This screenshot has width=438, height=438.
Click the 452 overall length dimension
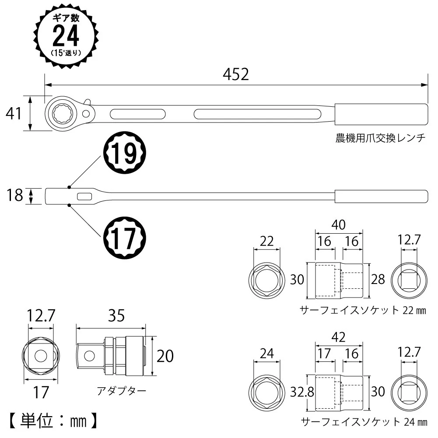click(x=236, y=74)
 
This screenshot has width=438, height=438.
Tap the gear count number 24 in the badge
click(x=66, y=36)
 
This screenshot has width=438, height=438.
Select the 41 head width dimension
click(x=13, y=113)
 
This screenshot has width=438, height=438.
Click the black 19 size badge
click(x=125, y=153)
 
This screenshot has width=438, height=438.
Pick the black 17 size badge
click(x=125, y=238)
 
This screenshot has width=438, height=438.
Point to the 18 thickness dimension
click(x=14, y=195)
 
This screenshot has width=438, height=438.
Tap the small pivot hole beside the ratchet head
click(x=86, y=114)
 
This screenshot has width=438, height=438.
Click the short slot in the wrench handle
click(x=138, y=114)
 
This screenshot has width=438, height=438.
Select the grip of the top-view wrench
click(x=381, y=114)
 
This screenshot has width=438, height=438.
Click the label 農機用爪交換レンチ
click(x=380, y=138)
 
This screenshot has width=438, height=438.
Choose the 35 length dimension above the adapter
click(x=116, y=315)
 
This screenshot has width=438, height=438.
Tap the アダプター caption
click(x=121, y=390)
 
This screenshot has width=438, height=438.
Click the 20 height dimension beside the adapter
click(x=165, y=356)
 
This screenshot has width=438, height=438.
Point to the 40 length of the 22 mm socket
click(x=339, y=224)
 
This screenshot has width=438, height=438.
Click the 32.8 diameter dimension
click(x=302, y=392)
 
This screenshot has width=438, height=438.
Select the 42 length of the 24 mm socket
click(x=339, y=337)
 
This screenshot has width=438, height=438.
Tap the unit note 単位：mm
click(x=53, y=421)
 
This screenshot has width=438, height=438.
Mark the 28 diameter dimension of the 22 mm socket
click(x=378, y=279)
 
